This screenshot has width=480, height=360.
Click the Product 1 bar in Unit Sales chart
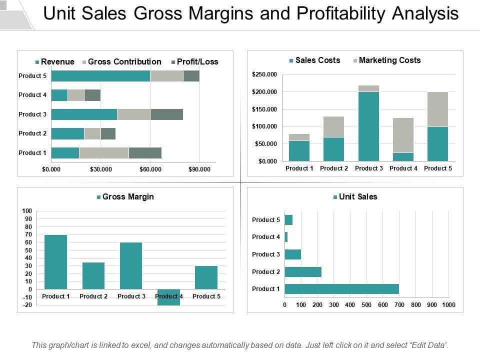coord(341,289)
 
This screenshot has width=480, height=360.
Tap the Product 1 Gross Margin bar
coord(55,262)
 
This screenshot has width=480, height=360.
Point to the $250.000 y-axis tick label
coord(264,74)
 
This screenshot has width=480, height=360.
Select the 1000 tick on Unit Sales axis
coord(448,304)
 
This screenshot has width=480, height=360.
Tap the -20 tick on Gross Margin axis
coord(27,305)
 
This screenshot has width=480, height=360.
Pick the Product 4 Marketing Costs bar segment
coord(403,135)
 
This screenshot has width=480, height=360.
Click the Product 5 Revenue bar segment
coord(100,76)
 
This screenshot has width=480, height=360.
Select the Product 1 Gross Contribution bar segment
coord(104,153)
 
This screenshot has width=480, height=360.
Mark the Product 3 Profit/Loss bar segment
coord(166,114)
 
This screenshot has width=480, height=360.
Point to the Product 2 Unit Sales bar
coord(303,272)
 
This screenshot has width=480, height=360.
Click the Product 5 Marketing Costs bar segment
coord(437,109)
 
